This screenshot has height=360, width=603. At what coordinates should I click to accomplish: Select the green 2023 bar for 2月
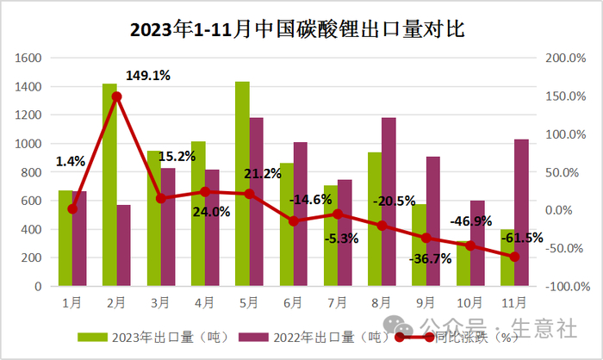click(109, 184)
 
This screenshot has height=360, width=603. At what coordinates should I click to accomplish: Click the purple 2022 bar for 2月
click(124, 245)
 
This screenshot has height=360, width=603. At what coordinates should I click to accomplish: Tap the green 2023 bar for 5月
click(242, 183)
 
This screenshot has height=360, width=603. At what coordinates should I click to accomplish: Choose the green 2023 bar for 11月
click(507, 258)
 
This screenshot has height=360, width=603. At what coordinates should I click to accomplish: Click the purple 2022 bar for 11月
click(521, 213)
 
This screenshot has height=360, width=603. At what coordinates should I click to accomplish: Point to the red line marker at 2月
click(117, 96)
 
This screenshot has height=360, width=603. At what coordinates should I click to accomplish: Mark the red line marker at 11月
click(514, 257)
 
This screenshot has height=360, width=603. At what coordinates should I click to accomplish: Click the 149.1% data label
click(148, 75)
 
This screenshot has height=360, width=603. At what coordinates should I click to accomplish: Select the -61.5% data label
click(523, 237)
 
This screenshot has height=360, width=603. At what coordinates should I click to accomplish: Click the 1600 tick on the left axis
click(29, 59)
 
